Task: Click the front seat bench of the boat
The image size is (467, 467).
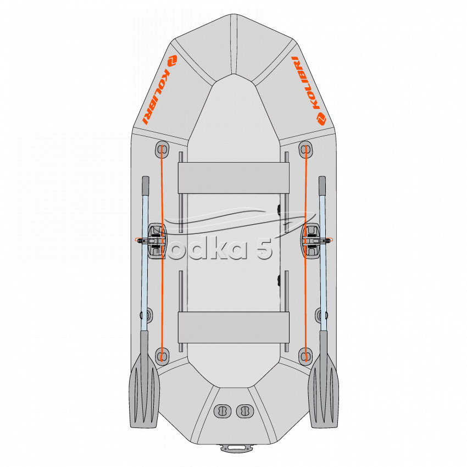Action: pos(233,178)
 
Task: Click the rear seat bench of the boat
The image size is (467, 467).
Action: pos(233,327)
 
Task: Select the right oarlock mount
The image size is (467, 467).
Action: pos(311,241)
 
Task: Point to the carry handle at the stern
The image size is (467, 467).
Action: pos(236,448)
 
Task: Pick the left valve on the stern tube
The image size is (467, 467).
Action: pos(223,412)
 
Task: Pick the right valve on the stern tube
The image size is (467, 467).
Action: pos(245,412)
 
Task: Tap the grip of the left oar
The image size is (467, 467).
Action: pos(146,185)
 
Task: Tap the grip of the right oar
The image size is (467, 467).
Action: pos(323,185)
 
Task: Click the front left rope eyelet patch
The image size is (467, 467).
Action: pos(162,149)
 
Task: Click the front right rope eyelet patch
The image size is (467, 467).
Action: pos(305,149)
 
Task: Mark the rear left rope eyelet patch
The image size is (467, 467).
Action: pos(162,356)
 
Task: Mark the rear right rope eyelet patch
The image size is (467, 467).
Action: pos(305,356)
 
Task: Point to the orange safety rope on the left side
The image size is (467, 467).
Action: pos(162,253)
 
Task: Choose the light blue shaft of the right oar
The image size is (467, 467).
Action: pos(323,263)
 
